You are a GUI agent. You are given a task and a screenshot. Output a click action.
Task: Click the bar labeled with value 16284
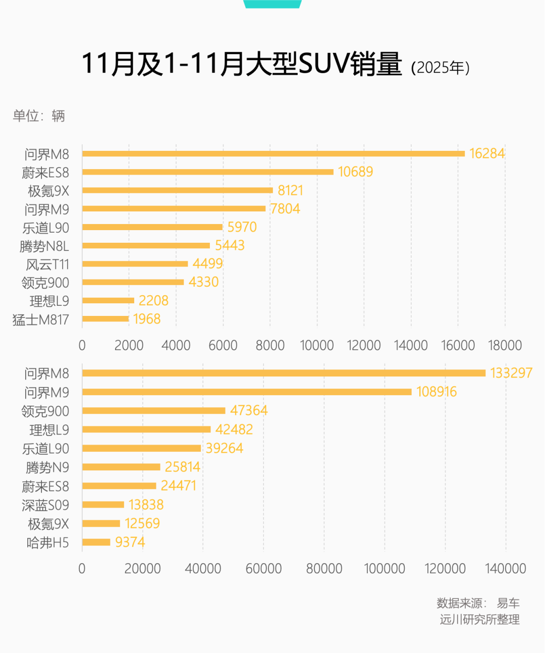[274, 153]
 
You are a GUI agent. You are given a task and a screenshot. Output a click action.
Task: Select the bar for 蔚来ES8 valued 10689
[208, 172]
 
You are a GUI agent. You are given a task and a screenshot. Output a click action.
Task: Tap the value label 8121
[290, 190]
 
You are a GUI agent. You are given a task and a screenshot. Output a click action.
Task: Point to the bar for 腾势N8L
[146, 246]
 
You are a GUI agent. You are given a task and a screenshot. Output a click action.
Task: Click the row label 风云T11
[47, 264]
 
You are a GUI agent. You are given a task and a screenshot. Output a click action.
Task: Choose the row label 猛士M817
[40, 319]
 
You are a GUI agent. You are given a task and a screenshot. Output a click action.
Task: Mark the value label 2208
[153, 301]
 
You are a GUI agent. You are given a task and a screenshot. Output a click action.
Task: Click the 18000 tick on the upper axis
[505, 346]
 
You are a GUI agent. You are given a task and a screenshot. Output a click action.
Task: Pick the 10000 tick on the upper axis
[316, 346]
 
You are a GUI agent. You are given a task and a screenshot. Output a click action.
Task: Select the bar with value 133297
[284, 373]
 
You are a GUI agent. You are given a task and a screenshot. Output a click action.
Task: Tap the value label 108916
[437, 392]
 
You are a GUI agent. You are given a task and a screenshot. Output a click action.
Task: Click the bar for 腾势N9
[121, 467]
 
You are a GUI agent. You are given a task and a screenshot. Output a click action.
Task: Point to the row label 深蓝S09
[45, 505]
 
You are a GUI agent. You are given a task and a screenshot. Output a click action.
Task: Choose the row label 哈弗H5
[47, 543]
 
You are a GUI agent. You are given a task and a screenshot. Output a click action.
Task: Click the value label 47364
[249, 410]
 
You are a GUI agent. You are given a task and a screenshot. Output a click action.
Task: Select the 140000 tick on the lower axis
[505, 569]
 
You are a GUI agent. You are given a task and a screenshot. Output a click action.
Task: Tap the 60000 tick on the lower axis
[263, 569]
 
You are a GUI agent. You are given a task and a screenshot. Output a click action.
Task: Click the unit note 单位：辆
[39, 116]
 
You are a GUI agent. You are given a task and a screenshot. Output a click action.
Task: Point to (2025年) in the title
[440, 68]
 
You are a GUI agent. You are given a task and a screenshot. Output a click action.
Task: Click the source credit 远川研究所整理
[479, 620]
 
